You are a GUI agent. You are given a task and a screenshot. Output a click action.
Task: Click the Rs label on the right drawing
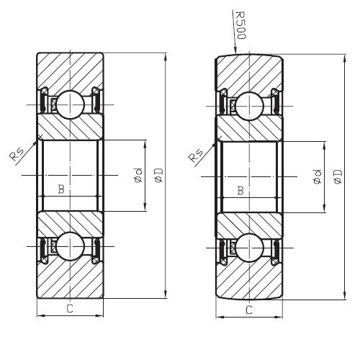click(x=195, y=156)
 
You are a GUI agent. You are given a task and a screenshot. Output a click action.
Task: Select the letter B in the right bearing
click(x=240, y=190)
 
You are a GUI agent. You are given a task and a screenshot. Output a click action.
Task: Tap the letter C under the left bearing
click(x=69, y=309)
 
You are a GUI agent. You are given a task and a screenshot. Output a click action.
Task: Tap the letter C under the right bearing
click(x=248, y=310)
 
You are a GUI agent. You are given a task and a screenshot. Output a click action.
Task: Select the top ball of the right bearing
click(x=249, y=106)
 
